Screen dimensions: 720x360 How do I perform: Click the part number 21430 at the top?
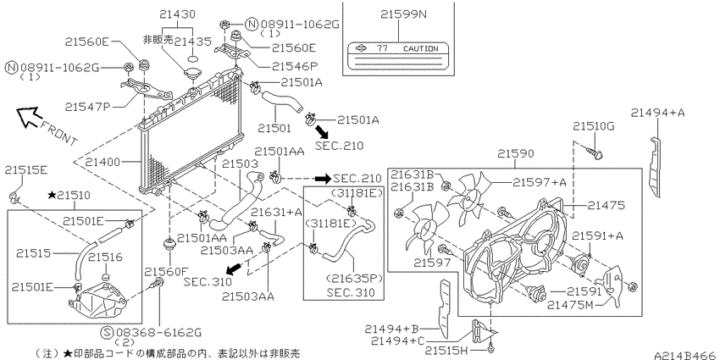coord(178,14)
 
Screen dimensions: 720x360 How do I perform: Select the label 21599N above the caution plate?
coord(403,14)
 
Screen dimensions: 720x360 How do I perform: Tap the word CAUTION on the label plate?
coord(420,48)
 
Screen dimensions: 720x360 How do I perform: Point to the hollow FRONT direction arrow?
coord(27,116)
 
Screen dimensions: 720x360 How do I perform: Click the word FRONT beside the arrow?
coord(58,133)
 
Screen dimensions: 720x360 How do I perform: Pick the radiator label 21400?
coord(102,162)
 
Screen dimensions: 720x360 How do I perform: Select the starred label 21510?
coord(69,196)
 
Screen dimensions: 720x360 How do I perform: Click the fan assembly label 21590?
coord(516,153)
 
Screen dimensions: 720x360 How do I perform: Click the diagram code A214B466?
coord(686,356)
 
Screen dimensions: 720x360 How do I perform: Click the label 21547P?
coord(87,107)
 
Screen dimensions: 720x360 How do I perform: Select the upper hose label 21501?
coord(274,128)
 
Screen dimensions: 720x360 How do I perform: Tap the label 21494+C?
coord(397,341)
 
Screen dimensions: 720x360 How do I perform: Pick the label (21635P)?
coord(354,279)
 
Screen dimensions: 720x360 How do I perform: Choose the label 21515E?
coord(26,170)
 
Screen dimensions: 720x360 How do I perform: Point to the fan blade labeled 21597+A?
coord(469,197)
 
